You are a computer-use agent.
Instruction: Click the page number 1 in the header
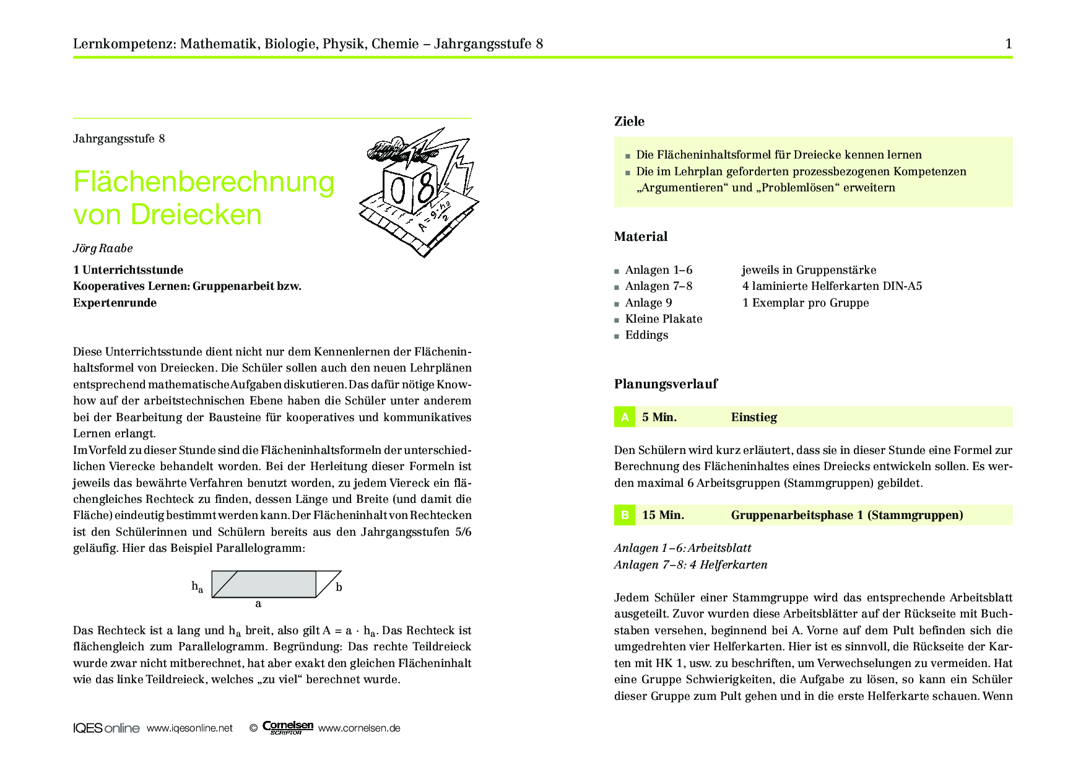click(1009, 43)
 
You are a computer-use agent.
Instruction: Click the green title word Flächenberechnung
click(204, 182)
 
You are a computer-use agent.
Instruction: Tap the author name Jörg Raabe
click(103, 248)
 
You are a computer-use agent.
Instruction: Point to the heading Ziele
click(629, 121)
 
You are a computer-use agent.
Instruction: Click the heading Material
click(640, 237)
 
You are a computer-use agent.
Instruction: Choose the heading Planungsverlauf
click(666, 384)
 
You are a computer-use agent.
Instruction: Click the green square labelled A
click(625, 417)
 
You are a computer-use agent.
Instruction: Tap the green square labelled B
click(625, 515)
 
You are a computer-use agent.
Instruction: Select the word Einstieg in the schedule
click(754, 417)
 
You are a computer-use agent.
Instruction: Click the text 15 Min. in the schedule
click(662, 515)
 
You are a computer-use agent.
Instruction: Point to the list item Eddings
click(646, 335)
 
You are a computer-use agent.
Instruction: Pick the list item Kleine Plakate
click(663, 319)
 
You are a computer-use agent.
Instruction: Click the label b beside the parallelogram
click(339, 587)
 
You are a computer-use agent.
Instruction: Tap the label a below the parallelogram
click(258, 604)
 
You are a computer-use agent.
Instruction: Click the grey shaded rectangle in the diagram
click(272, 584)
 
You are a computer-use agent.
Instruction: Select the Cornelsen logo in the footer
click(288, 727)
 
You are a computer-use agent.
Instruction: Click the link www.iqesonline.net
click(189, 728)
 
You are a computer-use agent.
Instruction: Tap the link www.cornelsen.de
click(359, 728)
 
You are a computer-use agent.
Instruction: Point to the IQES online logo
click(106, 728)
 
